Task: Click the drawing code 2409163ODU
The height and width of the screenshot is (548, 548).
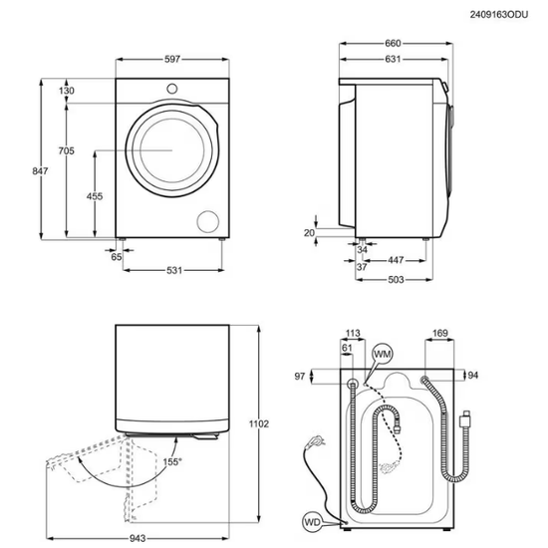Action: click(x=499, y=15)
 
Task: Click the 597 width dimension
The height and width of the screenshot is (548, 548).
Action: click(x=172, y=59)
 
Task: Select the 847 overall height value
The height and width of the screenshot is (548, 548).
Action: click(x=40, y=171)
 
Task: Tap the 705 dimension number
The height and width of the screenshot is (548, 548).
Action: click(x=67, y=150)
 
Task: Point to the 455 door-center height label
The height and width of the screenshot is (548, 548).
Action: click(x=95, y=196)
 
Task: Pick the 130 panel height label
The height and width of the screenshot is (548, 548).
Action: click(x=67, y=91)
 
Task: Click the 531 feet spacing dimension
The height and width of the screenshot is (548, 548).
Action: click(x=174, y=270)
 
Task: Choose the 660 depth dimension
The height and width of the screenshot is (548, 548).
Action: click(x=393, y=43)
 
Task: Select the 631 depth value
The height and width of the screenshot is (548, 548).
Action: click(x=393, y=59)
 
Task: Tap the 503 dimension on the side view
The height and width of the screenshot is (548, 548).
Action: click(x=396, y=280)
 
